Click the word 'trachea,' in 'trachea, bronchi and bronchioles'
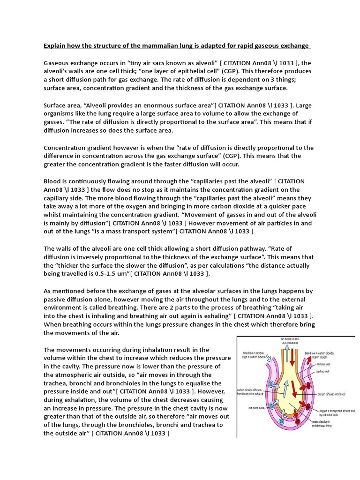56,383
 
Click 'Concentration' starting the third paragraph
65,148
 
